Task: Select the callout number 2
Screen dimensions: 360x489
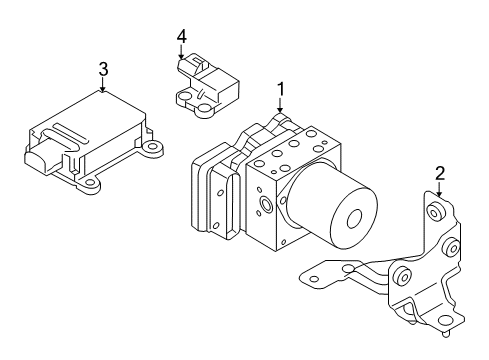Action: click(x=438, y=174)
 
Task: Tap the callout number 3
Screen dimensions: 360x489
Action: click(x=103, y=69)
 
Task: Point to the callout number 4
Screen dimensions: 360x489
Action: click(x=181, y=37)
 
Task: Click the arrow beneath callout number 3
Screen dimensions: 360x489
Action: click(x=103, y=87)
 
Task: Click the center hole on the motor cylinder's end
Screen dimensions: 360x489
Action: click(x=357, y=223)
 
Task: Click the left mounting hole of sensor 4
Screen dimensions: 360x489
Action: click(x=184, y=97)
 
